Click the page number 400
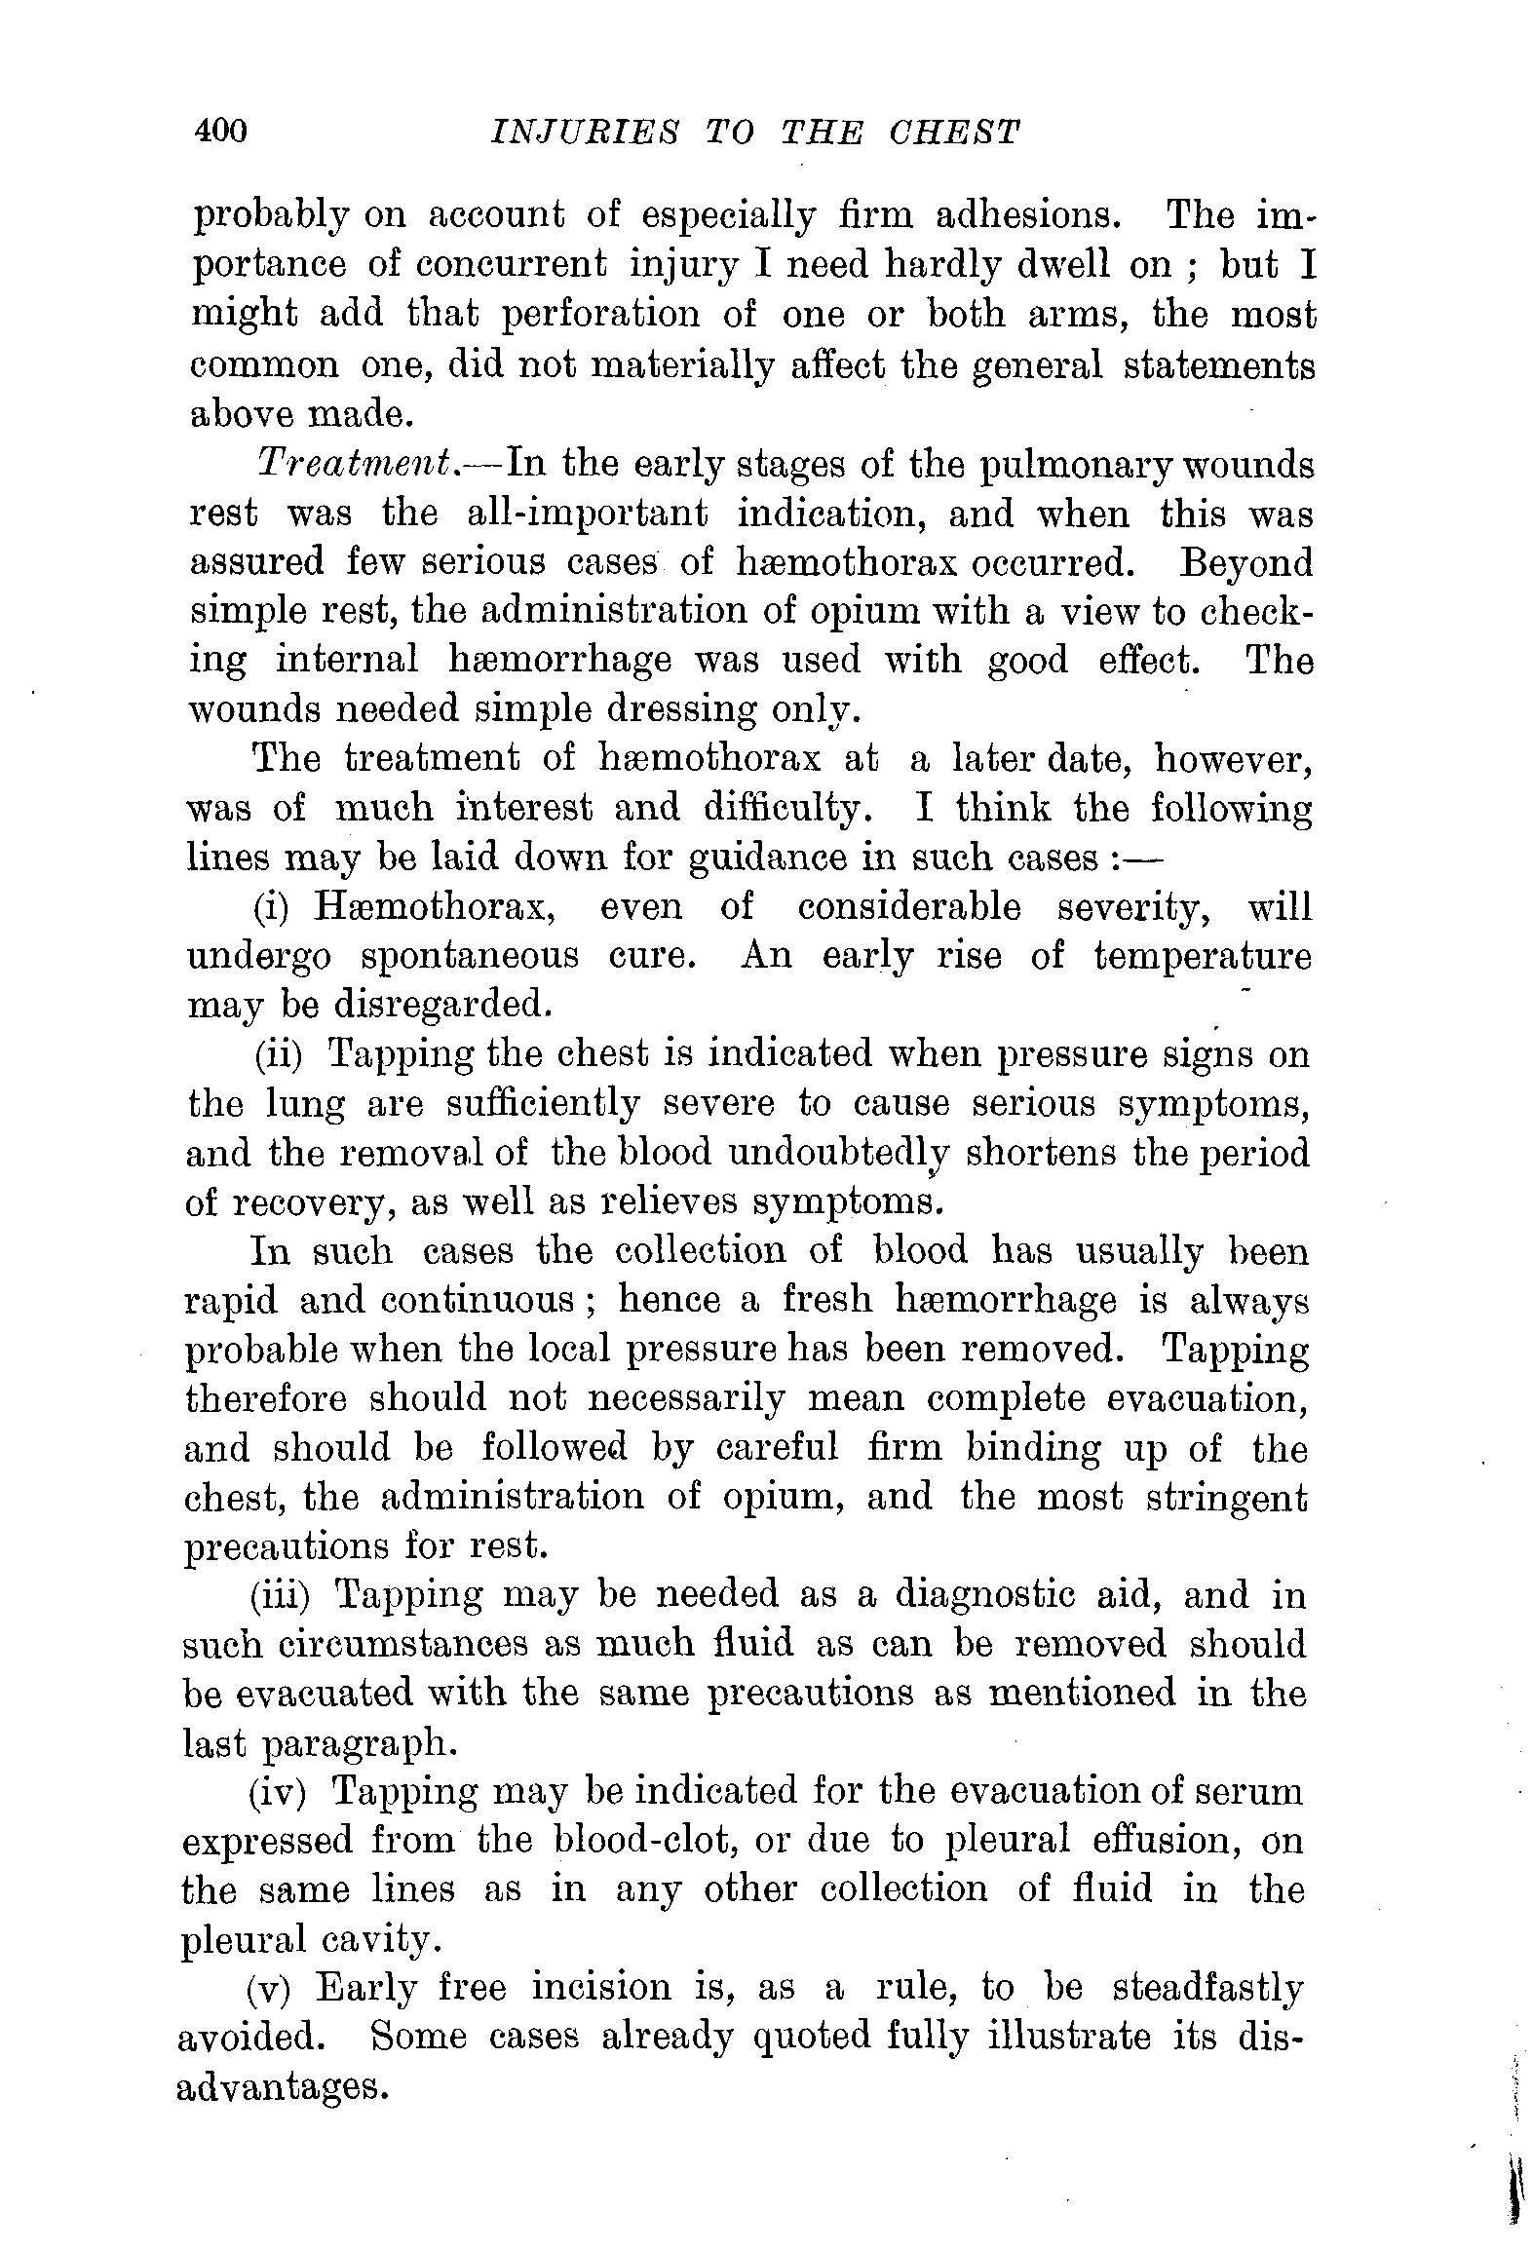222,131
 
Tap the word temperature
1203,956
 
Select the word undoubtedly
839,1153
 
